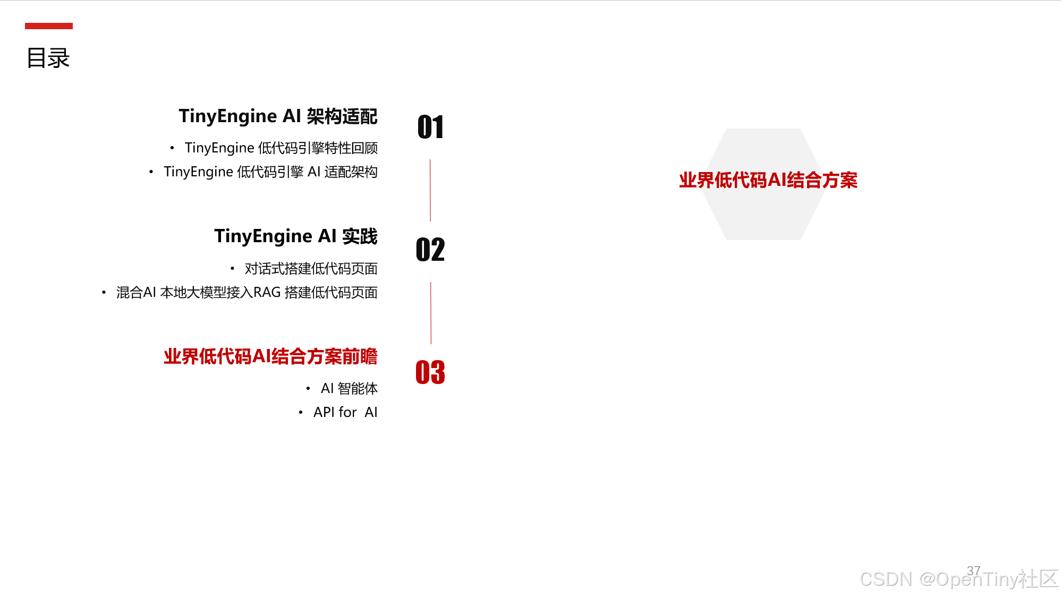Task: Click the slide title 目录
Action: tap(48, 58)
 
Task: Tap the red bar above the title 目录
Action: tap(49, 26)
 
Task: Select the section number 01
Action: tap(430, 127)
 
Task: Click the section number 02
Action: tap(430, 250)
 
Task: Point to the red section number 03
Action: tap(430, 372)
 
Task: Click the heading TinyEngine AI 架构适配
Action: tap(278, 116)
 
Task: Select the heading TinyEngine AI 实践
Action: tap(295, 236)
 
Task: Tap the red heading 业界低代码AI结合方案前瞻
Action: tap(270, 356)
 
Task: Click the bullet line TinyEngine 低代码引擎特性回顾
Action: tap(281, 148)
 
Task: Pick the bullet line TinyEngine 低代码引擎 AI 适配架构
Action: tap(270, 172)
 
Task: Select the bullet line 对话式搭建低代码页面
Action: tap(311, 269)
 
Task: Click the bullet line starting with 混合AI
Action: tap(247, 293)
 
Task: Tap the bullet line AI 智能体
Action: tap(349, 389)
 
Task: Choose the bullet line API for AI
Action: tap(345, 413)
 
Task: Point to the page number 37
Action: tap(973, 570)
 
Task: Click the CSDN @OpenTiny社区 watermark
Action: tap(958, 579)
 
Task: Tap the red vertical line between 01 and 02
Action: tap(430, 190)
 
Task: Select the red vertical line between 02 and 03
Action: tap(431, 313)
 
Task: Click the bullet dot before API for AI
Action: tap(301, 413)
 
